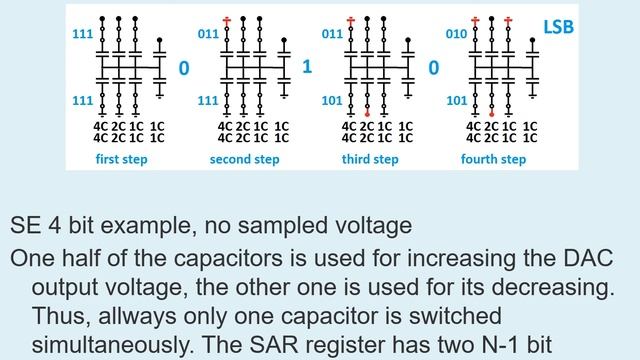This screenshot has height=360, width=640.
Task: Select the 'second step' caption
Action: pos(245,160)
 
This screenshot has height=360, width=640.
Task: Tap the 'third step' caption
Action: pos(369,160)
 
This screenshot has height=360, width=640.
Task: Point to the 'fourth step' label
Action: pos(493,160)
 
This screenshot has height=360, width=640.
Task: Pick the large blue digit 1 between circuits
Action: pos(307,68)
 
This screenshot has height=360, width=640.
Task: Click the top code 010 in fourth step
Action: pos(457,33)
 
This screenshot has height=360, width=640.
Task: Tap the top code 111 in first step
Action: pos(84,33)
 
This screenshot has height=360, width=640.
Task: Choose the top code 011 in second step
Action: pos(207,33)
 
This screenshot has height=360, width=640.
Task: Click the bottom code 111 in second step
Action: pos(207,101)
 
